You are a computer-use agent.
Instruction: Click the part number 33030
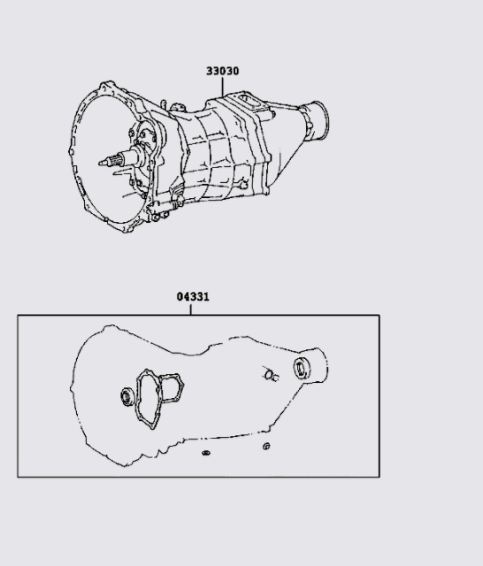(222, 71)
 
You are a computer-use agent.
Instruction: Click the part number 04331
(193, 297)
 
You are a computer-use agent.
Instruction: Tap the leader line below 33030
(222, 87)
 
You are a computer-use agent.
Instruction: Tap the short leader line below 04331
(190, 310)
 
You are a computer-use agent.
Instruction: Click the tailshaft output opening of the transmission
(319, 120)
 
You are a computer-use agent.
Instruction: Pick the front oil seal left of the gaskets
(127, 396)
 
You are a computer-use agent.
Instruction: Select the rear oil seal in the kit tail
(302, 368)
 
